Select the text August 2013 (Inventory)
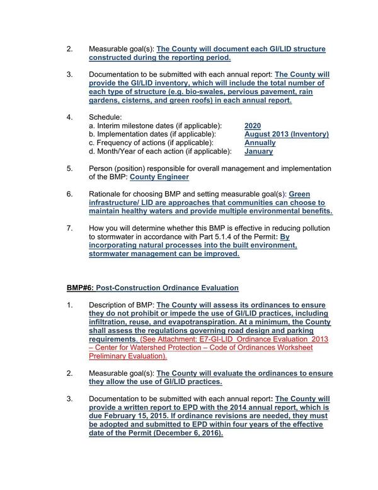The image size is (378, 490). [286, 134]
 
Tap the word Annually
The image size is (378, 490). [260, 143]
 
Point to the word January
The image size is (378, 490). [258, 151]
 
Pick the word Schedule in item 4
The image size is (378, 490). [105, 117]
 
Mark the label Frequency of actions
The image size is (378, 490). [132, 143]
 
